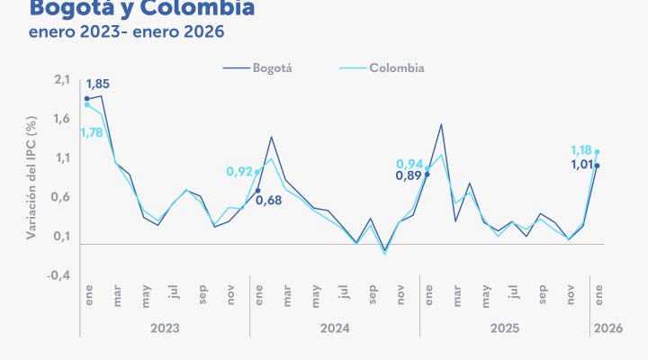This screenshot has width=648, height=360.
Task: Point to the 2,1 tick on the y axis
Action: (61, 80)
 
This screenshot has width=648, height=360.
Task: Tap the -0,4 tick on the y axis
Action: (58, 275)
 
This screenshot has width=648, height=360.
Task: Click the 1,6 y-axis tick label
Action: (61, 119)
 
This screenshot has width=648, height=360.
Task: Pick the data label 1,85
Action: (97, 85)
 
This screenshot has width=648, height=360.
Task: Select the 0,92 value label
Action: (238, 171)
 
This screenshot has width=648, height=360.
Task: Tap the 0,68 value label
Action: (269, 200)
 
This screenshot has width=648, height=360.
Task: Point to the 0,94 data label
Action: (409, 164)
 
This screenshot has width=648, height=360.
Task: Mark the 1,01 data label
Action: (583, 165)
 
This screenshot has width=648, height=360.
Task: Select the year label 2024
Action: (334, 329)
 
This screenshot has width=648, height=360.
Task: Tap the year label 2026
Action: (604, 329)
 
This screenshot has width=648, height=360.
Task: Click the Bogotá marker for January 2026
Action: (597, 166)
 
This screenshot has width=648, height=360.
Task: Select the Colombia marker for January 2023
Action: (86, 104)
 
